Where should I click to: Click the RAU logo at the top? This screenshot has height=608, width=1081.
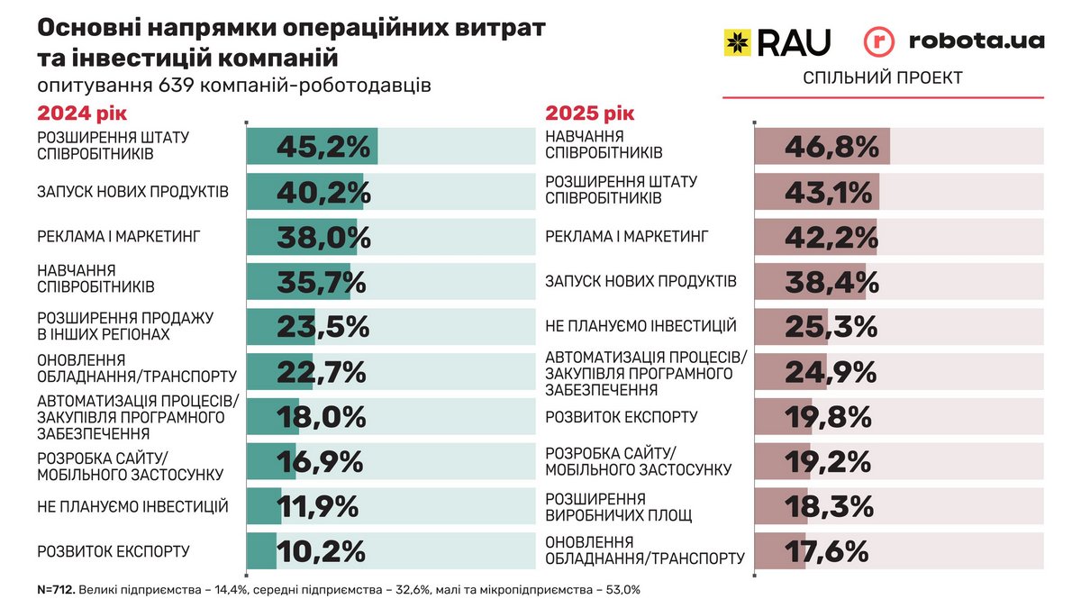(x=777, y=41)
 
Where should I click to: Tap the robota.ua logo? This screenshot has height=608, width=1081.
(x=954, y=41)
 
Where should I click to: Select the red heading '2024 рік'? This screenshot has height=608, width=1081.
(x=82, y=113)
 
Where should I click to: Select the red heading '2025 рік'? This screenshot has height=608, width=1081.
(x=590, y=113)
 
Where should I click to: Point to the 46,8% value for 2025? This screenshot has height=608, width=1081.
(x=831, y=146)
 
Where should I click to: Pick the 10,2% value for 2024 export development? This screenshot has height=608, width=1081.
(x=321, y=551)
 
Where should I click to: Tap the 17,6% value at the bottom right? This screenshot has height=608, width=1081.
(x=825, y=550)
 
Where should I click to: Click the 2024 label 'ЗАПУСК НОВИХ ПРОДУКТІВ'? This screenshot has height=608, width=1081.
(x=132, y=192)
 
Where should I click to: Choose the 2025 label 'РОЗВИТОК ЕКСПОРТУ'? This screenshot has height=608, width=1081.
(x=622, y=417)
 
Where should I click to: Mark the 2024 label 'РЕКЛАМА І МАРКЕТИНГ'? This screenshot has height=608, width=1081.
(x=117, y=237)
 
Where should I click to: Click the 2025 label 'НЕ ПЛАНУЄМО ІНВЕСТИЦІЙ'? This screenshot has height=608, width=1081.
(x=641, y=326)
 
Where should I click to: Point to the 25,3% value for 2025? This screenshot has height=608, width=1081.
(x=830, y=326)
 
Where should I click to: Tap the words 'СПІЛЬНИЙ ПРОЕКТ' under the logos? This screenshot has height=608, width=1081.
(x=883, y=78)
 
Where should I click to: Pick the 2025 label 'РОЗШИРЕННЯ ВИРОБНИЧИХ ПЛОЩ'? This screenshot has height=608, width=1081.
(x=619, y=507)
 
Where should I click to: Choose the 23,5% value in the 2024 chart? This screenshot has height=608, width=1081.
(x=322, y=327)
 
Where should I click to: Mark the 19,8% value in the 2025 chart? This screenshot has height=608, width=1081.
(x=828, y=417)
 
